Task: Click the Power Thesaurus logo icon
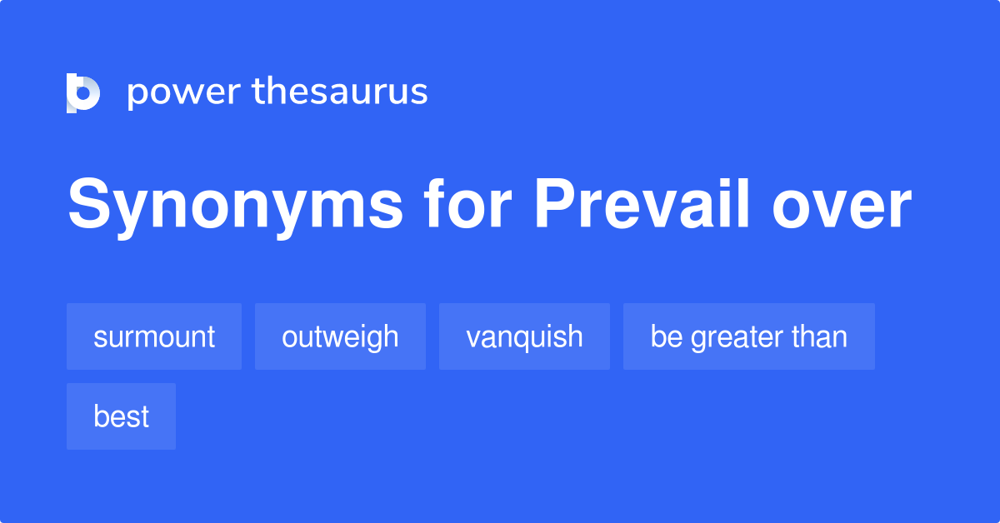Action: (83, 92)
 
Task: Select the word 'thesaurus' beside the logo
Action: (340, 92)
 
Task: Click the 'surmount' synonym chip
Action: (154, 336)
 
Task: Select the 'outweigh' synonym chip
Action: (340, 336)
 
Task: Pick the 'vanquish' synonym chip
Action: (524, 336)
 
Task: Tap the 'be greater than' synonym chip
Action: (748, 336)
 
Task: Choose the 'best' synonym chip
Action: (121, 416)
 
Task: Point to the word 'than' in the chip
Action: (821, 336)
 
